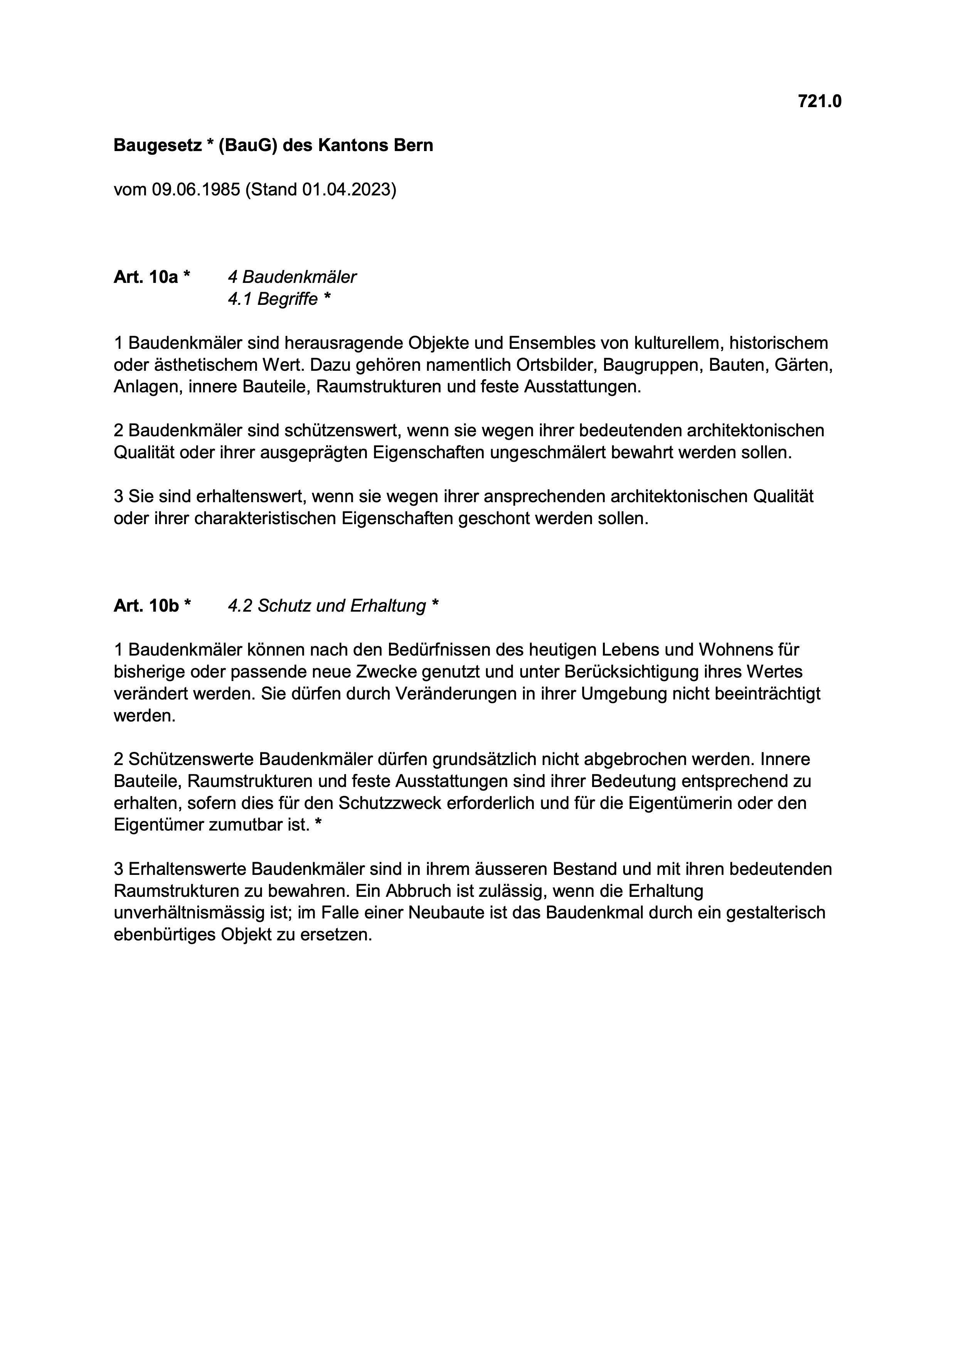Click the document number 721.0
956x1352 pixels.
819,102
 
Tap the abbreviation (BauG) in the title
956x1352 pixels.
248,145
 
